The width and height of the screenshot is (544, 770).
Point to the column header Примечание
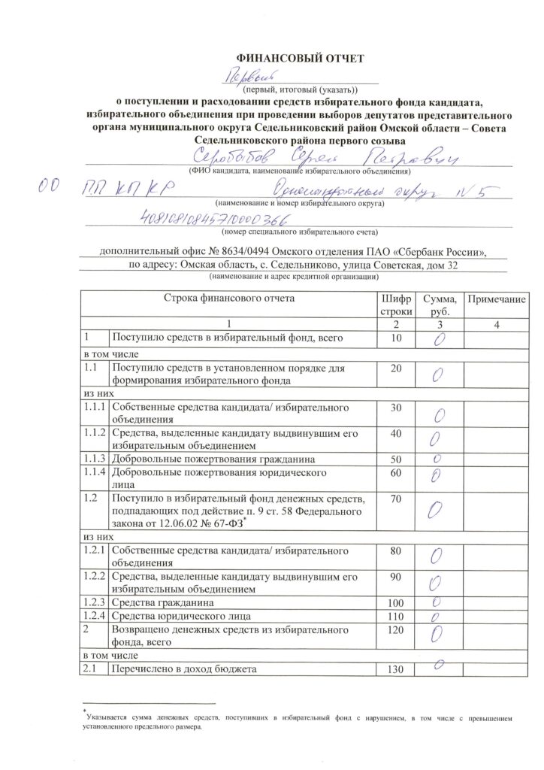pyautogui.click(x=495, y=299)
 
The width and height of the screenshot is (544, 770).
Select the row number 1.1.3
pyautogui.click(x=95, y=458)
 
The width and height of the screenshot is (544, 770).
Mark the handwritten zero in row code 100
pyautogui.click(x=437, y=603)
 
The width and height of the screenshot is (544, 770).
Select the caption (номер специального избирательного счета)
pyautogui.click(x=299, y=232)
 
